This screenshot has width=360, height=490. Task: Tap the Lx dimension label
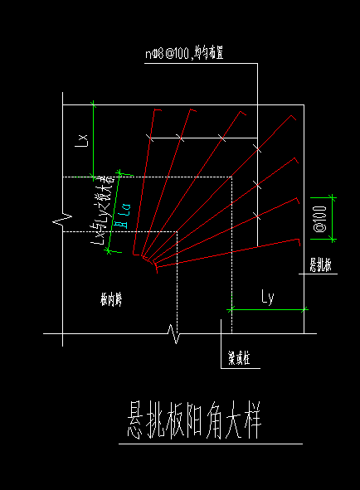coord(81,138)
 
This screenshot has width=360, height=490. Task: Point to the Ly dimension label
coord(267,296)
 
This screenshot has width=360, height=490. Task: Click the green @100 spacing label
coord(319,218)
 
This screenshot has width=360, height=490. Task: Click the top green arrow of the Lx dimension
coord(94,104)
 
